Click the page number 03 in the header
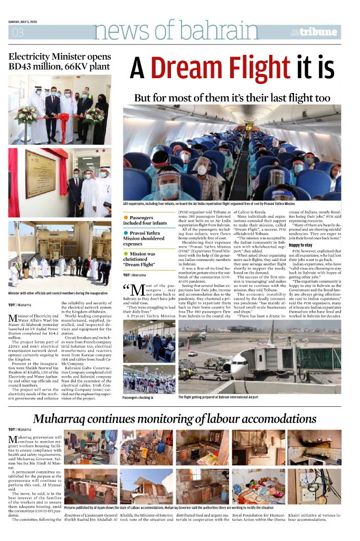17,33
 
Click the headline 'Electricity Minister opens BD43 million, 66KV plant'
59,61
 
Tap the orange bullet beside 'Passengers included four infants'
126,218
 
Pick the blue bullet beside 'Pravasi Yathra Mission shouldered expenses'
126,233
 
